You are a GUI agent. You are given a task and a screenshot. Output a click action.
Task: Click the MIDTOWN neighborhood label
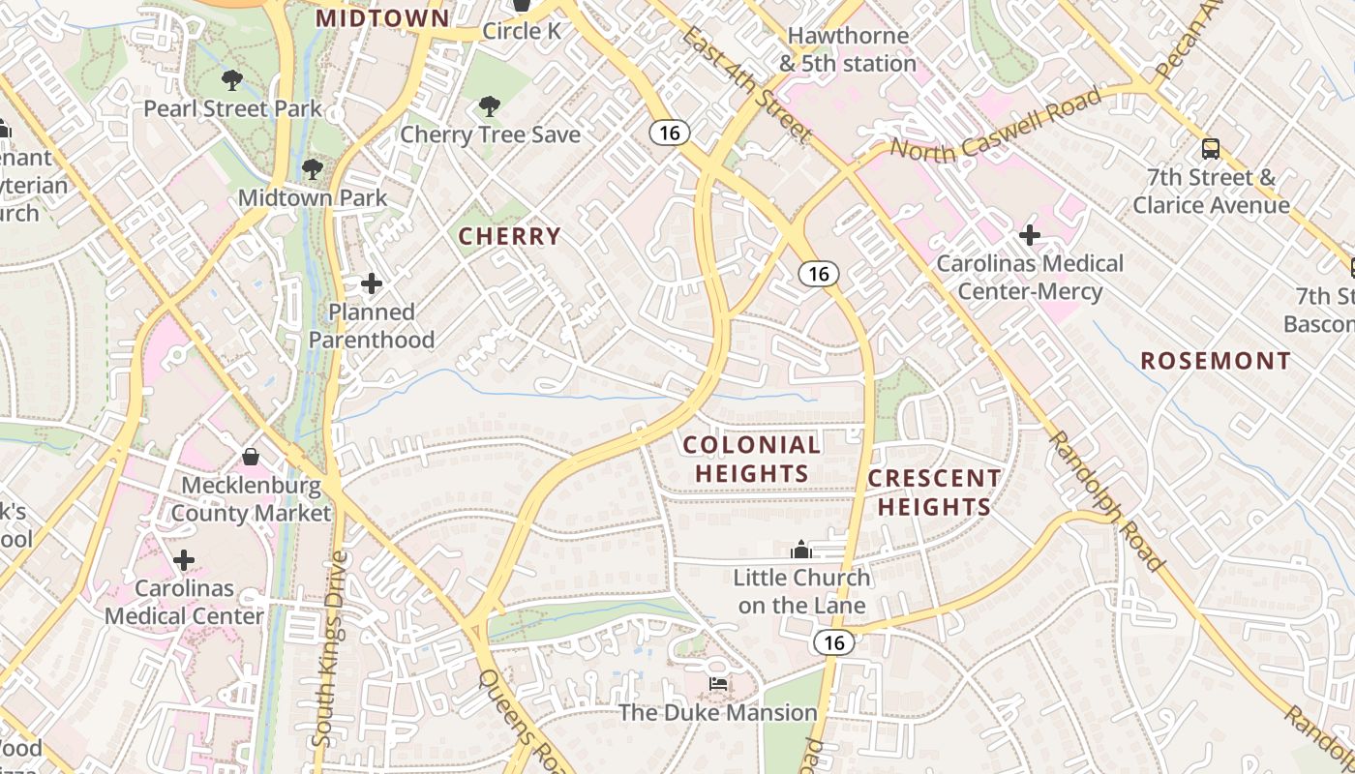[x=383, y=18]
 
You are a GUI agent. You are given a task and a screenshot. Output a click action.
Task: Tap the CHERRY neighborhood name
[x=509, y=236]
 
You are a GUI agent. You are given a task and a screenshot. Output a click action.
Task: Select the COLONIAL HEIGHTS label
[x=751, y=459]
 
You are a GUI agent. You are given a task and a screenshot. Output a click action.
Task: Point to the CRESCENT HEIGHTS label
[x=934, y=492]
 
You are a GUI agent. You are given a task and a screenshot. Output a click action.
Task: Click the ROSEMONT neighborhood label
[x=1216, y=362]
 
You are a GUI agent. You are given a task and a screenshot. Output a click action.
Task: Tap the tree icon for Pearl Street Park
[x=231, y=80]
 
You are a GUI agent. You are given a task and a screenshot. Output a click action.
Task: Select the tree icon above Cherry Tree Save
[x=491, y=105]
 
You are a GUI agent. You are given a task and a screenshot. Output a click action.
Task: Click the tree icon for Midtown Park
[x=312, y=169]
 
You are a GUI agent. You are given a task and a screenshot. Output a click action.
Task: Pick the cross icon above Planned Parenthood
[x=372, y=283]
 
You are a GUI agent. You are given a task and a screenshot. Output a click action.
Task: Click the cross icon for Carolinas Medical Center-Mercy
[x=1030, y=235]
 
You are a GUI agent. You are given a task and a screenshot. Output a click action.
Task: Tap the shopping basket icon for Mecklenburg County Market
[x=251, y=456]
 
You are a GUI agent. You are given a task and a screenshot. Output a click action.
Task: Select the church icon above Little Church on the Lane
[x=800, y=550]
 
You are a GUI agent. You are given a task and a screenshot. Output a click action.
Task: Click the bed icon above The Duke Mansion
[x=718, y=684]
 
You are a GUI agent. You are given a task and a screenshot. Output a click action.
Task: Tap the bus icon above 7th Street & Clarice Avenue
[x=1211, y=149]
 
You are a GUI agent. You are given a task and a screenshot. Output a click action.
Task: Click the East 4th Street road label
[x=744, y=84]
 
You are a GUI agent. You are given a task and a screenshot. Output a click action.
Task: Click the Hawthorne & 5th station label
[x=848, y=49]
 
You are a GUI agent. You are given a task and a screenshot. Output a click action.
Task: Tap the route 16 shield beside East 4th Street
[x=669, y=133]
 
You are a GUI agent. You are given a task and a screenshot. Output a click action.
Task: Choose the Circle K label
[x=522, y=31]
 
